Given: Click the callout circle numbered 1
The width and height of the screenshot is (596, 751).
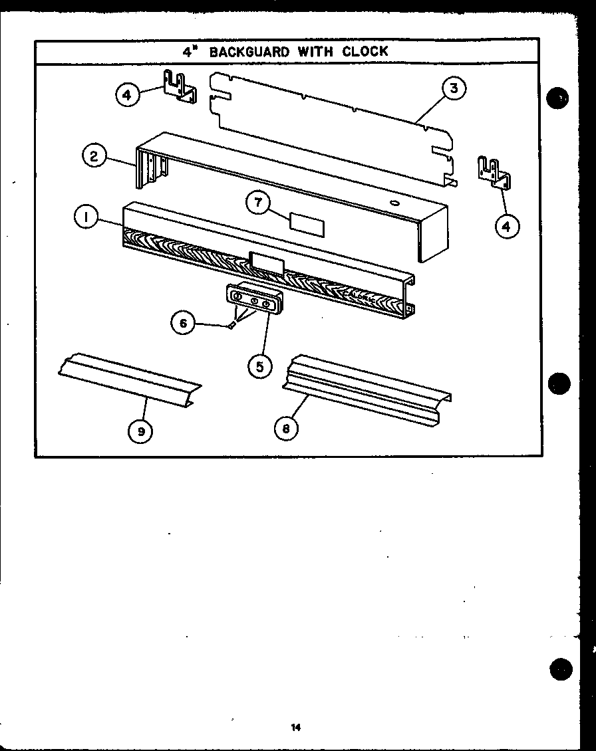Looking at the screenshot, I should [x=86, y=216].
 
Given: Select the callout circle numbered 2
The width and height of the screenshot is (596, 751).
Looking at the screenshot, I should [x=94, y=158].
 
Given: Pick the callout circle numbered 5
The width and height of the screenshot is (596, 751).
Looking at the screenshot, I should [x=259, y=365].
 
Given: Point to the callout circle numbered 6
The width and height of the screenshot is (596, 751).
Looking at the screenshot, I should [x=182, y=323].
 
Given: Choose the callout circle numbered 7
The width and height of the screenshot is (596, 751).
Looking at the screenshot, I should [x=257, y=203].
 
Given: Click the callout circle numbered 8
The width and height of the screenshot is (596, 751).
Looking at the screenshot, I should [x=286, y=429].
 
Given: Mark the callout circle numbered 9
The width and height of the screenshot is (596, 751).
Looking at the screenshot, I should [x=141, y=431].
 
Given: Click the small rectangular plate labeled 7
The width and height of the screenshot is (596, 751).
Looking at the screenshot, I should [x=307, y=225].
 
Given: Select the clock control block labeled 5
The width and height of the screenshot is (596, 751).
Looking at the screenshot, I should [x=253, y=300].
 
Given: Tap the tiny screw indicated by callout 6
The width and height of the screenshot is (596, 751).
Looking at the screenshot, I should [x=231, y=325].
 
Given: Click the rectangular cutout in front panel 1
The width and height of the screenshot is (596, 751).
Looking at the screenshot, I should [x=266, y=262].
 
